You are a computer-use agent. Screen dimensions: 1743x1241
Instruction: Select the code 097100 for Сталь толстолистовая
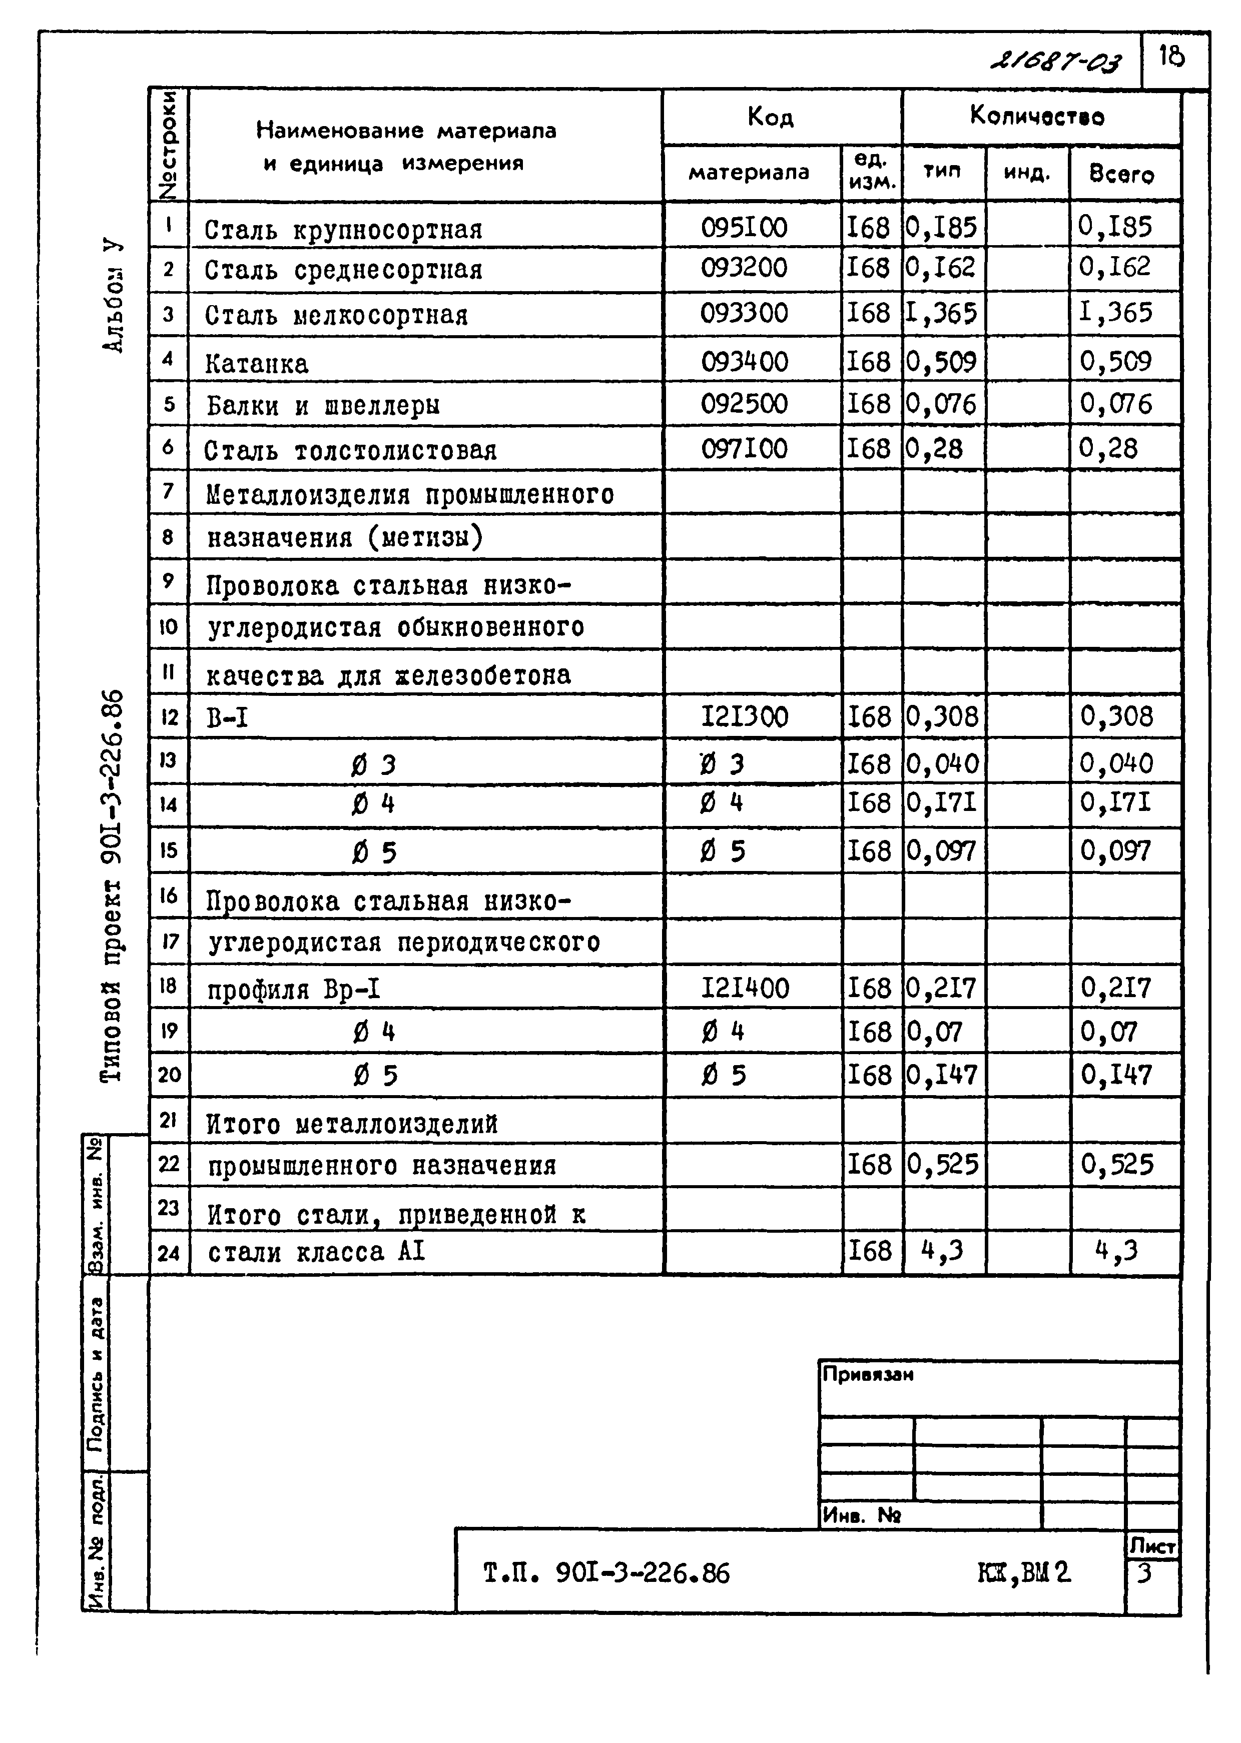click(744, 448)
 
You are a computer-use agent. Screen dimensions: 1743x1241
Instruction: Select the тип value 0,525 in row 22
click(942, 1164)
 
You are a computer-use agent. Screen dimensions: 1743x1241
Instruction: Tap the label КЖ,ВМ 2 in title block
click(1024, 1573)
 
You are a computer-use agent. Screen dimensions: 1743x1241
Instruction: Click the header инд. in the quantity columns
click(1026, 174)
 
